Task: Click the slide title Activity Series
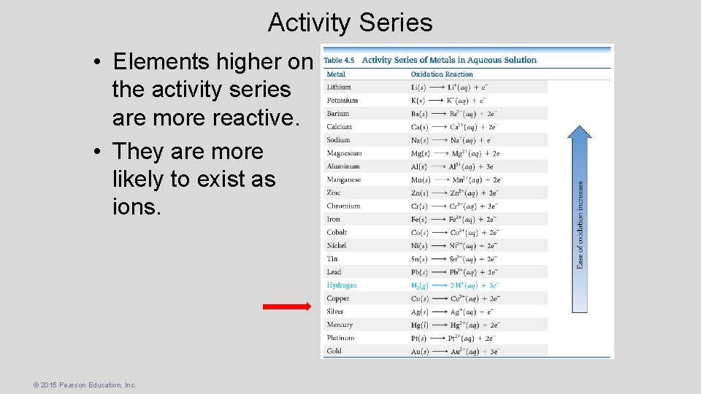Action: pyautogui.click(x=350, y=23)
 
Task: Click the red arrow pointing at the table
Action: pyautogui.click(x=286, y=307)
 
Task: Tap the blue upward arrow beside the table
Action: pyautogui.click(x=579, y=219)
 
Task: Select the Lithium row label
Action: pyautogui.click(x=339, y=87)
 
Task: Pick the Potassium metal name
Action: pyautogui.click(x=342, y=100)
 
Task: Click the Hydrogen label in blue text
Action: pyautogui.click(x=342, y=285)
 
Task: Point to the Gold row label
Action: pyautogui.click(x=334, y=351)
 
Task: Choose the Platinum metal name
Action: pyautogui.click(x=341, y=338)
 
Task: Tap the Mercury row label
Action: pyautogui.click(x=340, y=325)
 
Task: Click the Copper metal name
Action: pyautogui.click(x=338, y=298)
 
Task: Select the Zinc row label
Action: pyautogui.click(x=334, y=193)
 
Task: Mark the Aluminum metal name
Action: pyautogui.click(x=343, y=166)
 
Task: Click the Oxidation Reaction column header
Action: pyautogui.click(x=442, y=74)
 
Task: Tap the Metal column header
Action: pyautogui.click(x=336, y=74)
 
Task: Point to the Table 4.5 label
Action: pyautogui.click(x=339, y=60)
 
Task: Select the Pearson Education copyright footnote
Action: pyautogui.click(x=74, y=385)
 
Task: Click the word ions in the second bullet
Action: pyautogui.click(x=136, y=206)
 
